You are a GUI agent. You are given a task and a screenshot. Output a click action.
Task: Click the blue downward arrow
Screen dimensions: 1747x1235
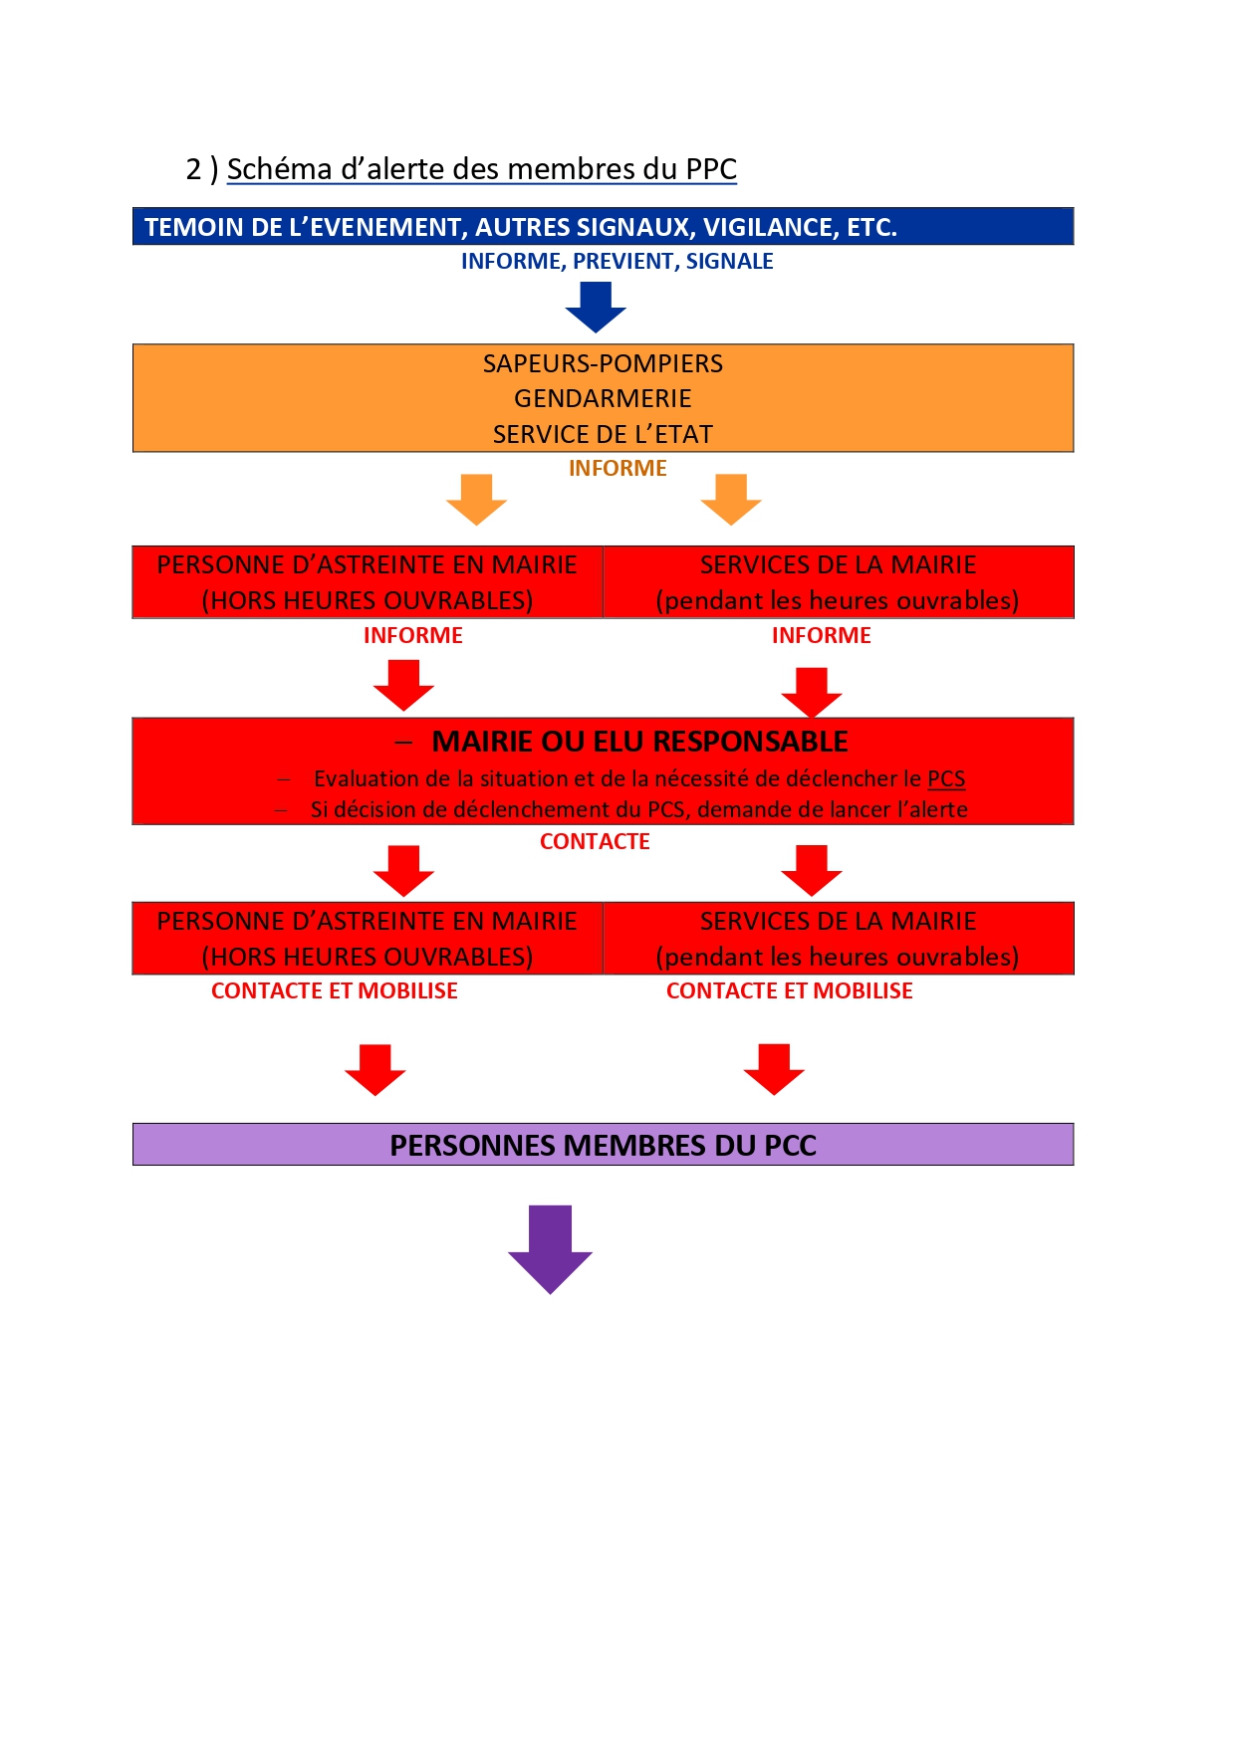(x=596, y=306)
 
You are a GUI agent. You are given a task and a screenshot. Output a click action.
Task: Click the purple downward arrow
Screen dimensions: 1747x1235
(x=550, y=1248)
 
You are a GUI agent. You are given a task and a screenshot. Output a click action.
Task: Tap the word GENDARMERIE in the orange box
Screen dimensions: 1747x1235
(x=603, y=398)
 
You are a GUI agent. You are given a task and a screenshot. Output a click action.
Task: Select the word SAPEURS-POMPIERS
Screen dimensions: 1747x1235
(x=603, y=363)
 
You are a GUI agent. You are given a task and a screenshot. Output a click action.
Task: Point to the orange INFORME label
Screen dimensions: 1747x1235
(x=617, y=468)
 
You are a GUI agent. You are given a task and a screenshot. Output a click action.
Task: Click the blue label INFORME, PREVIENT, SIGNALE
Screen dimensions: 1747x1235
(x=617, y=261)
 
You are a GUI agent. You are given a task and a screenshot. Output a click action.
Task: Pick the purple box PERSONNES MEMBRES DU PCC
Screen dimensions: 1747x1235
(x=603, y=1145)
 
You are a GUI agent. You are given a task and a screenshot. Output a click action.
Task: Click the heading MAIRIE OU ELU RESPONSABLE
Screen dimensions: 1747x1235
(x=639, y=742)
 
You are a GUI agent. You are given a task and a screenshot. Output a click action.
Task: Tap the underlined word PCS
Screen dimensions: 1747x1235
(x=946, y=778)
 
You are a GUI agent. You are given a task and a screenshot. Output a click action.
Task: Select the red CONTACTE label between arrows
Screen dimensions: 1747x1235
(x=595, y=842)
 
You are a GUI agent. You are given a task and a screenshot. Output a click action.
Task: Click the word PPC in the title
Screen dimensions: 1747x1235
(x=711, y=169)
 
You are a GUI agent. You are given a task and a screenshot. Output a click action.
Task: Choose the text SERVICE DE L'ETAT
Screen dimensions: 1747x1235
(x=603, y=434)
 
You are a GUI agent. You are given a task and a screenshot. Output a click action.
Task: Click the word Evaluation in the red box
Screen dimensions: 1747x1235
(x=364, y=778)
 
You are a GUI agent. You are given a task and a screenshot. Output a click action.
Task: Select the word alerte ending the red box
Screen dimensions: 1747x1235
(x=936, y=809)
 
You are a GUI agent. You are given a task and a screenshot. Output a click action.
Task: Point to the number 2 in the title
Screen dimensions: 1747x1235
(x=193, y=169)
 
